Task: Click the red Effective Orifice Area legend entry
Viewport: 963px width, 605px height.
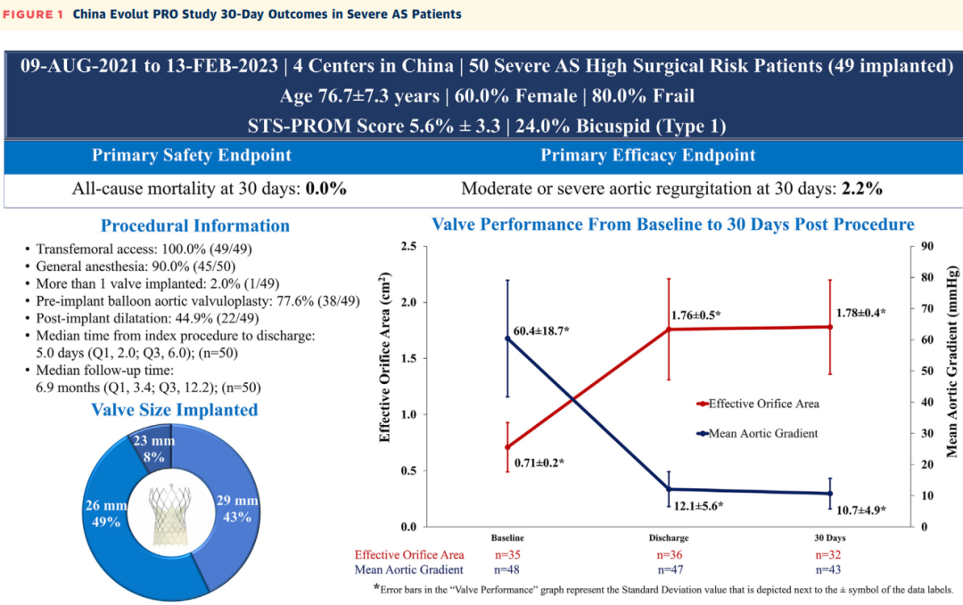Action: click(758, 403)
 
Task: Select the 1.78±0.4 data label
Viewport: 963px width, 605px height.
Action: click(860, 313)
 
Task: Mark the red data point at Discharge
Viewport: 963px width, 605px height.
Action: click(669, 329)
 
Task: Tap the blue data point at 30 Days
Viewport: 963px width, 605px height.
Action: click(830, 494)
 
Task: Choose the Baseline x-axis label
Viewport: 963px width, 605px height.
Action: click(507, 539)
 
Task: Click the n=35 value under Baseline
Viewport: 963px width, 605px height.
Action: click(507, 554)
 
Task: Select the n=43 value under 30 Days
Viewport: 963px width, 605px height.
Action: click(830, 569)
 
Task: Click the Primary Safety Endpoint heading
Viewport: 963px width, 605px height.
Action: click(191, 155)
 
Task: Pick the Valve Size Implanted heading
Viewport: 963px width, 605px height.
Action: click(175, 410)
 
